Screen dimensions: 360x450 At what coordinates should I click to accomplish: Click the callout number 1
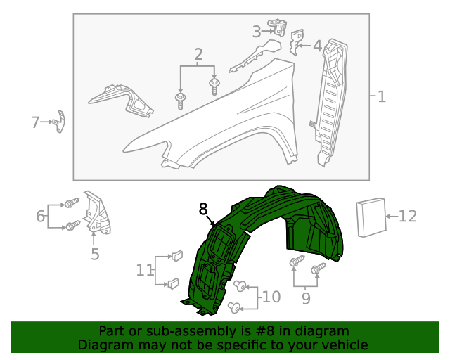[x=381, y=97]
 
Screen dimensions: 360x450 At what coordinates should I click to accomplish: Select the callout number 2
[x=198, y=54]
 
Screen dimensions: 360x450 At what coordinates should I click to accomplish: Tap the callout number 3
[x=257, y=31]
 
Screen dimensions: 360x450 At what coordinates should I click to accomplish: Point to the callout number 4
[x=317, y=46]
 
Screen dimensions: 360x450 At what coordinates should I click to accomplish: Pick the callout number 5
[x=95, y=254]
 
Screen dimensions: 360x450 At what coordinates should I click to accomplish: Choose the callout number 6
[x=41, y=216]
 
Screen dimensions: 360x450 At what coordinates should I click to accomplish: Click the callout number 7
[x=35, y=122]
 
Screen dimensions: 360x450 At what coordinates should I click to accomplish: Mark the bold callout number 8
[x=203, y=209]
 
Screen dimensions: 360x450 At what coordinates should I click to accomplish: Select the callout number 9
[x=305, y=299]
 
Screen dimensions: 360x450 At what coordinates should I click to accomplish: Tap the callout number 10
[x=271, y=297]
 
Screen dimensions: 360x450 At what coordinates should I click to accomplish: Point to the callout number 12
[x=408, y=217]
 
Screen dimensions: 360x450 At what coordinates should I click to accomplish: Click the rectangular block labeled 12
[x=372, y=218]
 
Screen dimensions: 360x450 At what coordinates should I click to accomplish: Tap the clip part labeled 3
[x=281, y=28]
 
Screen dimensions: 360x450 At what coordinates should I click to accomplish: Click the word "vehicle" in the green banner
[x=341, y=345]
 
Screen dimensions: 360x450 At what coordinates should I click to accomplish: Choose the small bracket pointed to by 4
[x=297, y=41]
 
